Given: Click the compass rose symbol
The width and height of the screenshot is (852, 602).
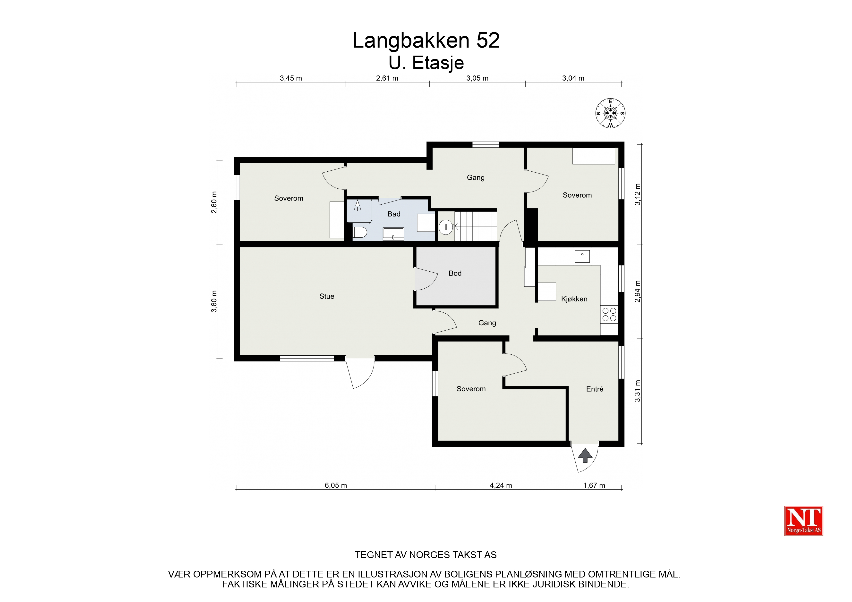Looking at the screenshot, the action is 610,113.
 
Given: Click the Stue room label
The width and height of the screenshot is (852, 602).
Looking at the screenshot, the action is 327,296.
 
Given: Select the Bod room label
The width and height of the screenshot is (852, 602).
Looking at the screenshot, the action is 455,273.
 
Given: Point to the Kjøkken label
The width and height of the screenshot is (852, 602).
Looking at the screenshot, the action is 574,299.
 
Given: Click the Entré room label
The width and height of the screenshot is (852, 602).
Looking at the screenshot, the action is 595,389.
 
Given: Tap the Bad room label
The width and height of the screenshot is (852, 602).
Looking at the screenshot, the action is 394,214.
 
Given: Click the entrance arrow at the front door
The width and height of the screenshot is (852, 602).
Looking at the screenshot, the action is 585,455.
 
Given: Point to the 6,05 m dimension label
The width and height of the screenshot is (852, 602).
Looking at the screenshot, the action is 336,485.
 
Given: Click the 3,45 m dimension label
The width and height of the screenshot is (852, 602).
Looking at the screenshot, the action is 291,78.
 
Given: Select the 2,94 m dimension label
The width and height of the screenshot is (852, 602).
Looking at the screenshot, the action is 638,291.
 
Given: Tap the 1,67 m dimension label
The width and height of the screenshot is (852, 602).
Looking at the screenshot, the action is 594,485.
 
